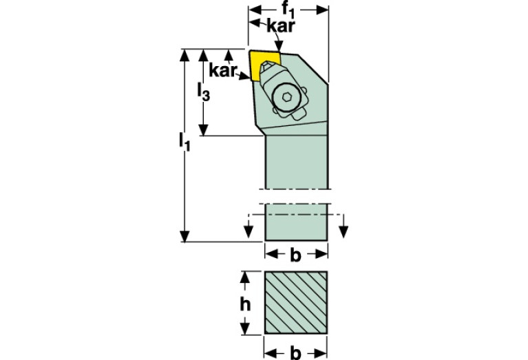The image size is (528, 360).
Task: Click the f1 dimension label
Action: tap(289, 10)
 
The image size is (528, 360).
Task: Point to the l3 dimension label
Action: tap(203, 92)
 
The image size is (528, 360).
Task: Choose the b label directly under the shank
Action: tap(295, 255)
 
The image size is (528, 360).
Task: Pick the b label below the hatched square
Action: tap(295, 353)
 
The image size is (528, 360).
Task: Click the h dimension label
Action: tap(244, 304)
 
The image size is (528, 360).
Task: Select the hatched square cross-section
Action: tap(296, 303)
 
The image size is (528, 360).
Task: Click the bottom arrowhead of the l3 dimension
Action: tap(204, 130)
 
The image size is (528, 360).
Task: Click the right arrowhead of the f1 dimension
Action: tap(324, 10)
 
